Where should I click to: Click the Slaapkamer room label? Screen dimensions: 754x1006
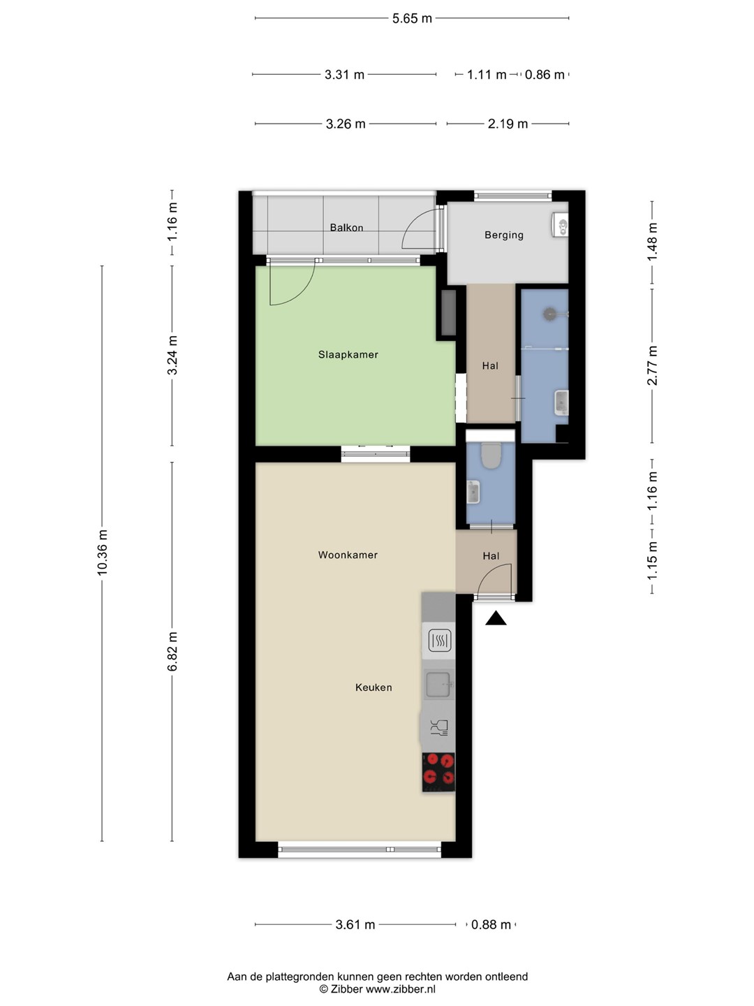pyautogui.click(x=348, y=355)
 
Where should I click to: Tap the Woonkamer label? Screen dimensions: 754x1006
pyautogui.click(x=348, y=555)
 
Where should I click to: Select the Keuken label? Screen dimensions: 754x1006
pyautogui.click(x=374, y=687)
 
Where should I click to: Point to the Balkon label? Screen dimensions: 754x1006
pyautogui.click(x=346, y=227)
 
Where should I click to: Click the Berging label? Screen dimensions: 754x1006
pyautogui.click(x=503, y=235)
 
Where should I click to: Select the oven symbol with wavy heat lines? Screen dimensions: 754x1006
pyautogui.click(x=440, y=640)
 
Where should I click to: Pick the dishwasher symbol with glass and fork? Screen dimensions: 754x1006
pyautogui.click(x=439, y=728)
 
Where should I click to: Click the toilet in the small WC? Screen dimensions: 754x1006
pyautogui.click(x=491, y=455)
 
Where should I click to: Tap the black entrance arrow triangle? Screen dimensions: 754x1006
pyautogui.click(x=496, y=618)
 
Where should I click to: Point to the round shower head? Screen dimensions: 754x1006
pyautogui.click(x=549, y=314)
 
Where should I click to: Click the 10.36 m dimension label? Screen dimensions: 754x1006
pyautogui.click(x=102, y=553)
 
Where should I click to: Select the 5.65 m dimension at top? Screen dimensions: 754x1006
pyautogui.click(x=412, y=18)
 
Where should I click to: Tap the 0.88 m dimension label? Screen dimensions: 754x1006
pyautogui.click(x=491, y=924)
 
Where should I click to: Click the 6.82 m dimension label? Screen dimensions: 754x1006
pyautogui.click(x=172, y=651)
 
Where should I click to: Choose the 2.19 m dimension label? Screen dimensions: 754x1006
pyautogui.click(x=508, y=124)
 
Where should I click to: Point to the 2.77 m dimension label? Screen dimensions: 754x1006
pyautogui.click(x=653, y=366)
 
